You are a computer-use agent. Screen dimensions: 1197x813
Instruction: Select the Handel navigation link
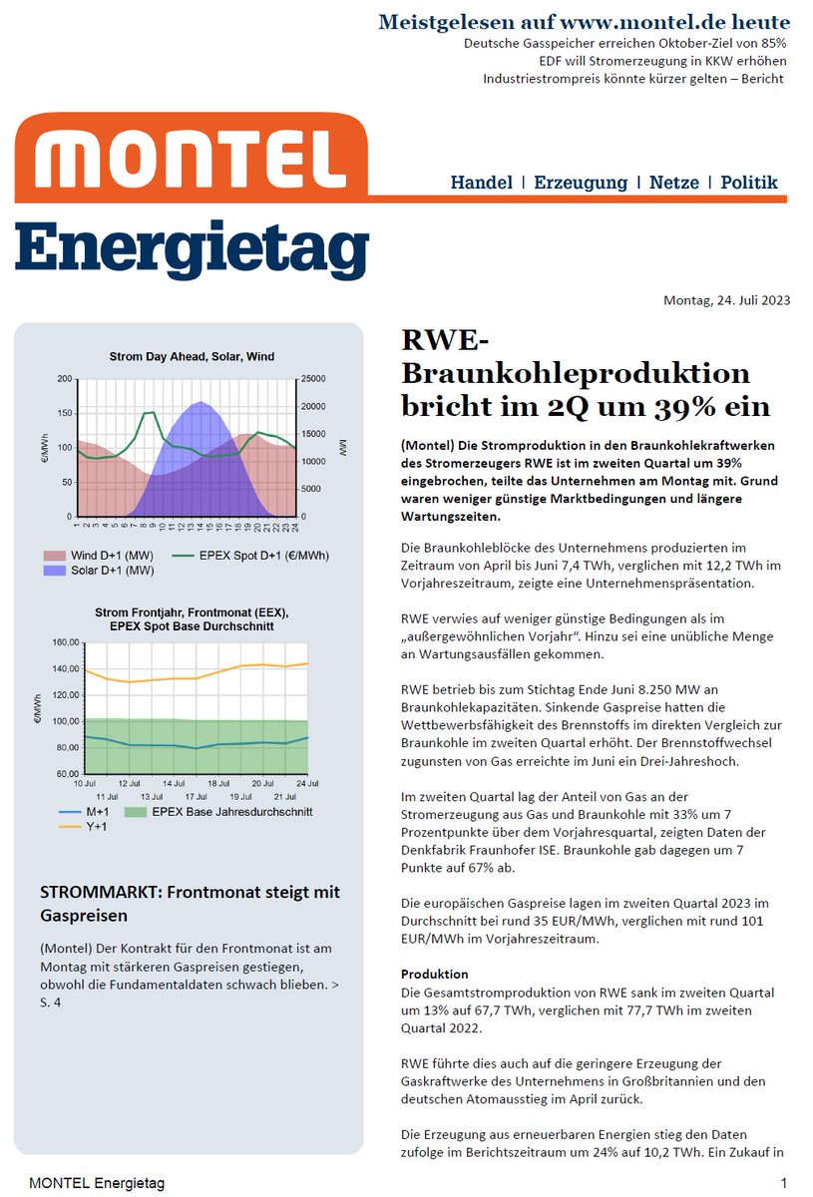pyautogui.click(x=481, y=183)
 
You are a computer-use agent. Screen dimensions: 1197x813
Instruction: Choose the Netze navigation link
pyautogui.click(x=673, y=183)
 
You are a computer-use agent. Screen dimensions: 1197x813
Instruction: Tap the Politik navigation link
pyautogui.click(x=749, y=183)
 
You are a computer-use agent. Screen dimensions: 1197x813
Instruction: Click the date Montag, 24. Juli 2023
pyautogui.click(x=726, y=300)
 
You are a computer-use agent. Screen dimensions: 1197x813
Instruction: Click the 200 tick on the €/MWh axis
pyautogui.click(x=64, y=379)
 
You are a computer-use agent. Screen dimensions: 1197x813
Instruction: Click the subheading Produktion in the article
pyautogui.click(x=434, y=974)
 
